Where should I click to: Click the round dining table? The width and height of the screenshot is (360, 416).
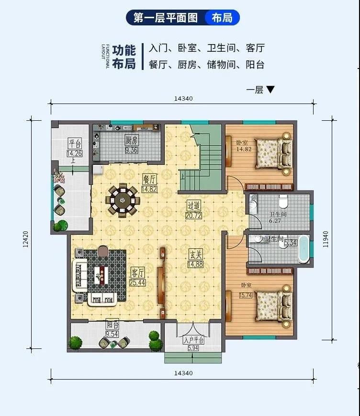point(123,200)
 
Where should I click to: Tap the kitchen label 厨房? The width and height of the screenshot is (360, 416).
point(132,140)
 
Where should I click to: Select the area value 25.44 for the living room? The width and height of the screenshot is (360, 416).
point(137,283)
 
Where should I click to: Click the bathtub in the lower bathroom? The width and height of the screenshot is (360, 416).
point(304,249)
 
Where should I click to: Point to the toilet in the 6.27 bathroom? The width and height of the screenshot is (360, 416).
point(283,201)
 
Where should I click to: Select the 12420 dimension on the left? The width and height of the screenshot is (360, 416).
point(26,239)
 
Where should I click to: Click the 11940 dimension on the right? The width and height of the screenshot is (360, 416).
point(326,239)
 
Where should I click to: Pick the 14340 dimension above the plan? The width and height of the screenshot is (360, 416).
point(183,99)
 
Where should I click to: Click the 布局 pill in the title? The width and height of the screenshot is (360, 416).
point(222,18)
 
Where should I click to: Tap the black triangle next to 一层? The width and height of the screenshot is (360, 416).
point(270,90)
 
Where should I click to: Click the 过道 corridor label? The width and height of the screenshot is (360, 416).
point(194,206)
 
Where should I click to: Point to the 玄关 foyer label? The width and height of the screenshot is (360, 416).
point(195,254)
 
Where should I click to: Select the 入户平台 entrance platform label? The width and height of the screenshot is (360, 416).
point(193,340)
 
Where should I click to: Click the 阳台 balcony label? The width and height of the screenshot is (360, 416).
point(112,325)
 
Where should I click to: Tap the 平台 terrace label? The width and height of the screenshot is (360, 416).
point(75,143)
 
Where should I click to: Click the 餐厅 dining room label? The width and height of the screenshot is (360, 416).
point(149,179)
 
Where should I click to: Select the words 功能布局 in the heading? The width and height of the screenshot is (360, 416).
point(124,57)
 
